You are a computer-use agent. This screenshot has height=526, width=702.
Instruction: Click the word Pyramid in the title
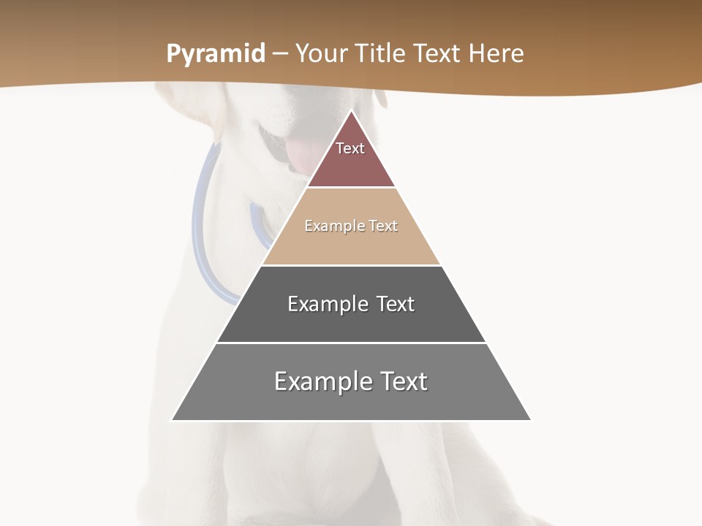point(215,54)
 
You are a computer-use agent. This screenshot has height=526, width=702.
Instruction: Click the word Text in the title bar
point(437,54)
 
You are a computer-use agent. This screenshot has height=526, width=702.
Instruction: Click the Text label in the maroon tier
point(350,148)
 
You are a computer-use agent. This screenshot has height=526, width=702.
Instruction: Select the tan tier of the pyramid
point(351,245)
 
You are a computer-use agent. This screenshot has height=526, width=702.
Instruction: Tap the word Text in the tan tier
point(383,226)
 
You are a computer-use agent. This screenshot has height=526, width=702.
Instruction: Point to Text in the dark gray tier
point(396,304)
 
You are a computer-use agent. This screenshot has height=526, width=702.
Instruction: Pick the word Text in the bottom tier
point(404,381)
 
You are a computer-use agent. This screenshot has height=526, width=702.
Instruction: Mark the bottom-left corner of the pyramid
point(173,419)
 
